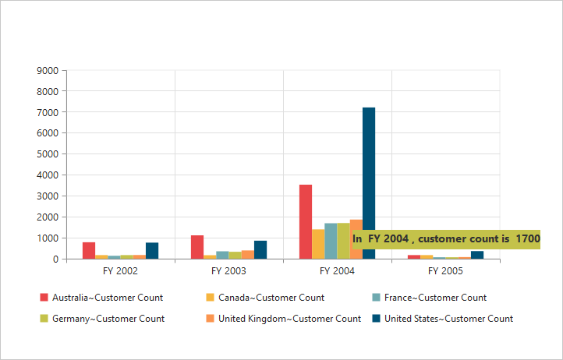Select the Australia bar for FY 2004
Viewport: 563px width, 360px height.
[x=306, y=221]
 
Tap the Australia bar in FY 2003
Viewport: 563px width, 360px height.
[x=197, y=246]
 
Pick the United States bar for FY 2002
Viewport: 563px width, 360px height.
[x=152, y=250]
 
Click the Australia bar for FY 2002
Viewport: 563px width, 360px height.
[x=89, y=250]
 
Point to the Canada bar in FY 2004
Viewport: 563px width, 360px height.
[x=318, y=243]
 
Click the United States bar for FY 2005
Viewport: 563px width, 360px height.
[x=477, y=255]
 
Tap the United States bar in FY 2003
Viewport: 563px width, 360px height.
[x=260, y=249]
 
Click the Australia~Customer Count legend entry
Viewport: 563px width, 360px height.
[x=101, y=298]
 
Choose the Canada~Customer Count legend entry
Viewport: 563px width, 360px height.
[x=265, y=298]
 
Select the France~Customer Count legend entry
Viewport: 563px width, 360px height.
[x=428, y=298]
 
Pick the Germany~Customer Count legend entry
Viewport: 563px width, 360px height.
[x=101, y=319]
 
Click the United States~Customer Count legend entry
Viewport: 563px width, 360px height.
[x=441, y=319]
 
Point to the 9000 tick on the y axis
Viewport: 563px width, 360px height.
[x=48, y=71]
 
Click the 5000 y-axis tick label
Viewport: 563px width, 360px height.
[x=48, y=154]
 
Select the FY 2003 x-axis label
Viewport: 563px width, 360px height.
[x=228, y=271]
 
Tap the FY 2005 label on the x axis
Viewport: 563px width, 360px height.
[x=445, y=271]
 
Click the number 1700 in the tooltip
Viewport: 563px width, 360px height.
[x=528, y=239]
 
